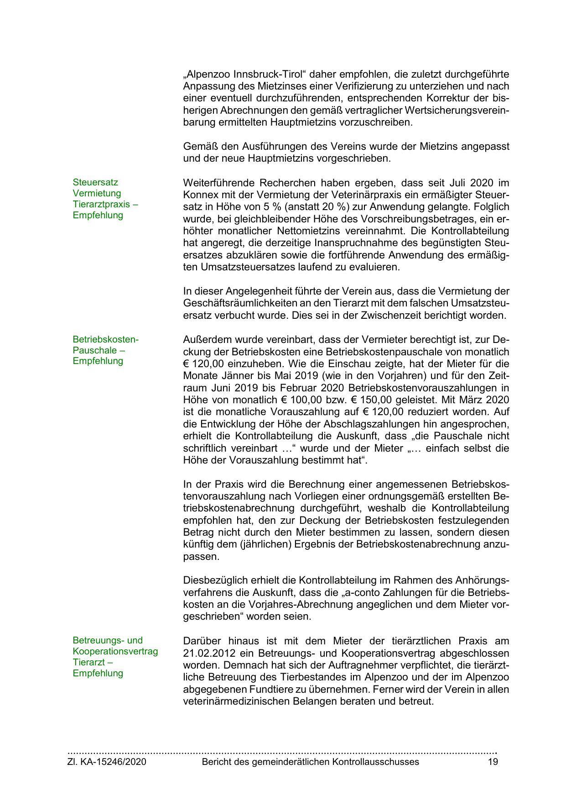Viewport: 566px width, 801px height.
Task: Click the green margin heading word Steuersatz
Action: (x=95, y=182)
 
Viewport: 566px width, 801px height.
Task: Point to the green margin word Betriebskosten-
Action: (x=105, y=339)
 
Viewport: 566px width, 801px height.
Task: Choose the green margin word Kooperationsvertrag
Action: (x=115, y=651)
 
